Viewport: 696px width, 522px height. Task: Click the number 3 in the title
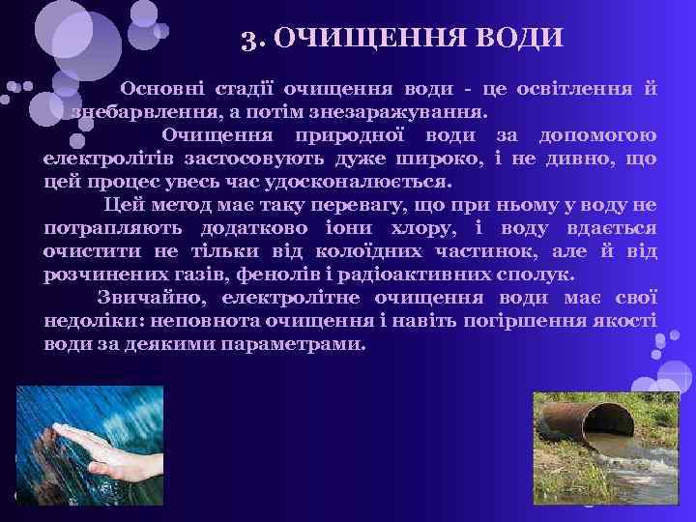248,40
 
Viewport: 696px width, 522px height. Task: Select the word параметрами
292,344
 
